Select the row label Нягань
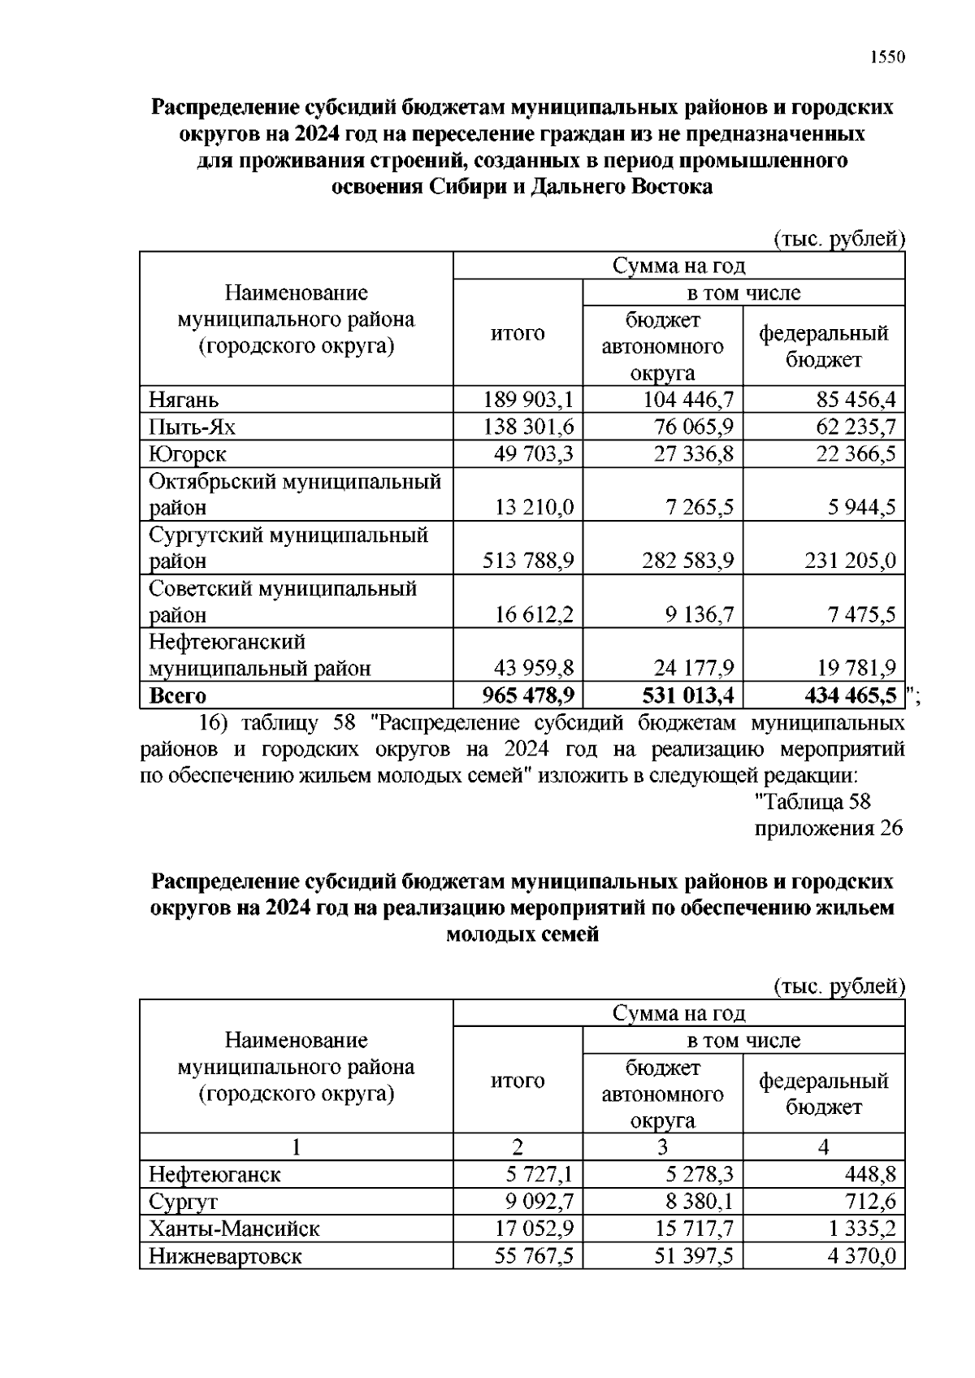point(184,400)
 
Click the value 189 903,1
point(528,400)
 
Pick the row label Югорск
point(188,453)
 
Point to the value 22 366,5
point(856,453)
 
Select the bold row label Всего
point(178,695)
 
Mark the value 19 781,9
point(856,668)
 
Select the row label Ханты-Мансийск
point(234,1228)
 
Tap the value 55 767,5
point(534,1256)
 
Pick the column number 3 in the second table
point(662,1147)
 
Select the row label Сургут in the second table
point(183,1202)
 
